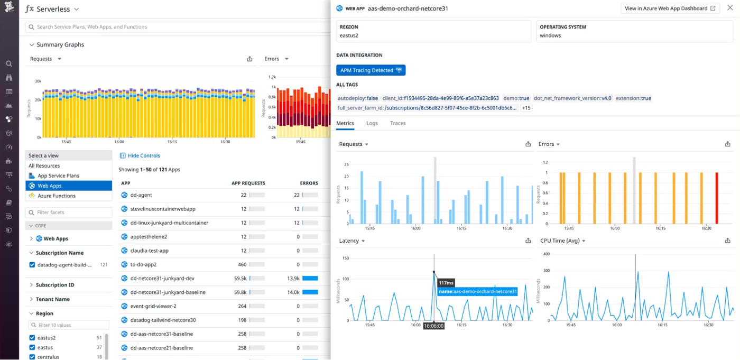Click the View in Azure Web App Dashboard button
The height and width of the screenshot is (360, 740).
(x=670, y=8)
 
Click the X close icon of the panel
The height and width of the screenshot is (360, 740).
(x=730, y=8)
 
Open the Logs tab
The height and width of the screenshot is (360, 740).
(x=372, y=123)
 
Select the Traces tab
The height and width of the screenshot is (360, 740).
(x=397, y=123)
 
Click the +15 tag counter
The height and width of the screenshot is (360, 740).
(x=526, y=108)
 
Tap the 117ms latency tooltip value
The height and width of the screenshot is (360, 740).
(x=446, y=283)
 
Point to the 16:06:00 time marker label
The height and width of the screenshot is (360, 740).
(x=433, y=326)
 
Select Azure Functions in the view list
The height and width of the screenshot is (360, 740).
(x=56, y=196)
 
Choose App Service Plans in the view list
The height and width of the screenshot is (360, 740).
(x=58, y=176)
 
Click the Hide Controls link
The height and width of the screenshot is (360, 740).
(x=143, y=155)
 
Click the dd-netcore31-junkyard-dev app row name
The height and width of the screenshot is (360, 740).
(x=162, y=278)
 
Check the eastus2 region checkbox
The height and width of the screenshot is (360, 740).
(x=32, y=338)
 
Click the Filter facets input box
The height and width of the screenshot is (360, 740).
(x=71, y=213)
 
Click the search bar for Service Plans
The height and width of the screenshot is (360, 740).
(x=174, y=26)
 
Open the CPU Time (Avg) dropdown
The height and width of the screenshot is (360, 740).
(x=563, y=241)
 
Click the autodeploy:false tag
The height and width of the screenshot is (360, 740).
(x=358, y=98)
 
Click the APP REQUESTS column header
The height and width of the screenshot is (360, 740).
(x=248, y=183)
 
